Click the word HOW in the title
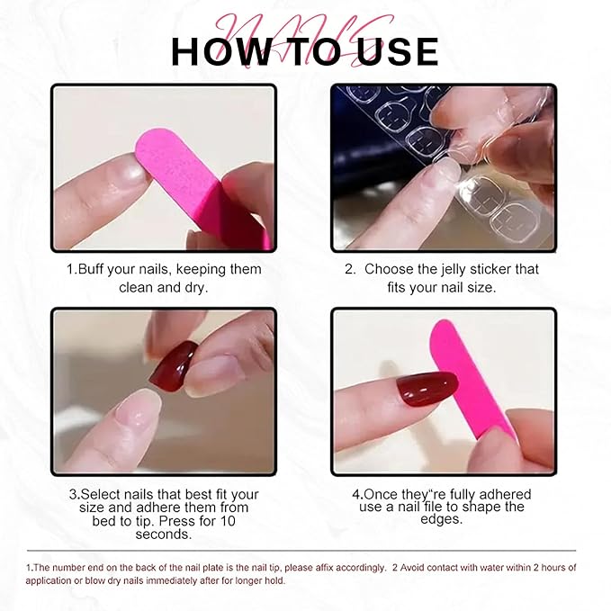point(220,51)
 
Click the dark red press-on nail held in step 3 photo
point(174,364)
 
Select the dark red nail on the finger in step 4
point(427,389)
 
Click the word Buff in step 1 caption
point(90,269)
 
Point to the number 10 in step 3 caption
point(228,521)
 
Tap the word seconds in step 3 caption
point(164,535)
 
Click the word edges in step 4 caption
point(442,519)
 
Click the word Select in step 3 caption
point(101,494)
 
